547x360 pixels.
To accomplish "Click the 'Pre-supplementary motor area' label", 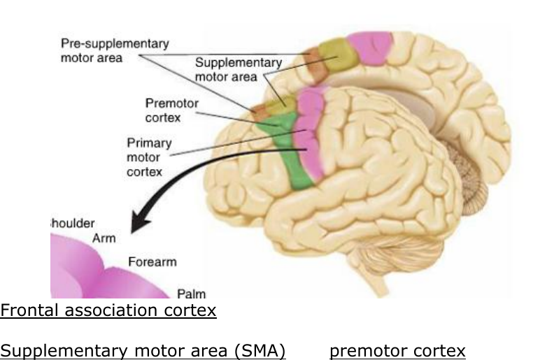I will pos(114,50).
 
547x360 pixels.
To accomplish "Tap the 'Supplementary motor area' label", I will pos(238,69).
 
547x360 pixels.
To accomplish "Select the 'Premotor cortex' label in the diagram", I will pos(171,110).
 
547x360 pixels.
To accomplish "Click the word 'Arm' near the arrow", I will pos(104,238).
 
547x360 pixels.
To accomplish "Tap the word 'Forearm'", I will pos(152,262).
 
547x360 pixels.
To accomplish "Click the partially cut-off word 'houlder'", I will pos(73,223).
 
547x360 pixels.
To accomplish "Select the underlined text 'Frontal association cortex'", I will pos(108,310).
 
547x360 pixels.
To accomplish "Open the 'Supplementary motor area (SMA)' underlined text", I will pos(143,350).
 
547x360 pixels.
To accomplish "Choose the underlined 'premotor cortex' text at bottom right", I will pos(397,350).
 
